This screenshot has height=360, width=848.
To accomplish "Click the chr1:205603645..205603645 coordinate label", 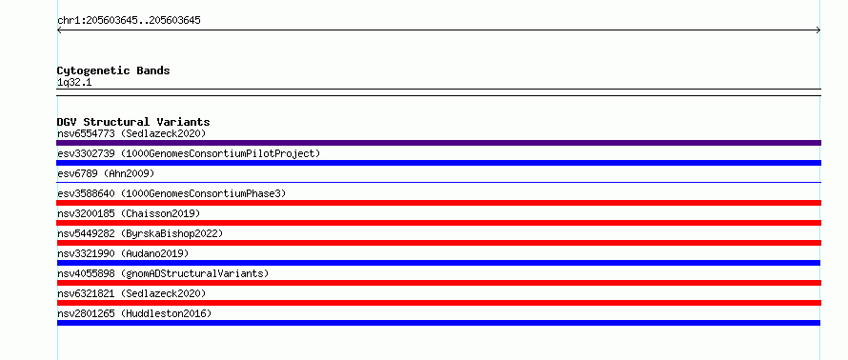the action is (x=129, y=21).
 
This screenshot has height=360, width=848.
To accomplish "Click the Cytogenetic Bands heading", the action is (x=113, y=70).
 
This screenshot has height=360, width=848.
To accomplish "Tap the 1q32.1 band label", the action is (x=74, y=83).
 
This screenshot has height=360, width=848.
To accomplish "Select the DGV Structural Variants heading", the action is (x=133, y=122).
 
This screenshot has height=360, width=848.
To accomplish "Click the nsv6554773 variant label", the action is (x=131, y=133).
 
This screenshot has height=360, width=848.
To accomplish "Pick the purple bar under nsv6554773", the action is (x=438, y=143).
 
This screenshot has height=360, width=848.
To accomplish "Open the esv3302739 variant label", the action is (x=189, y=153).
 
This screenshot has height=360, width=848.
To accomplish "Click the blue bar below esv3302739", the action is (x=438, y=163).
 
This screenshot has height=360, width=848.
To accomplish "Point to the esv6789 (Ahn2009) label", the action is (x=106, y=173).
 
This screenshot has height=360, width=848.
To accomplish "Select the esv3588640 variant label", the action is (x=172, y=193).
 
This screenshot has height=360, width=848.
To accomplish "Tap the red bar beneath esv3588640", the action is (x=438, y=203).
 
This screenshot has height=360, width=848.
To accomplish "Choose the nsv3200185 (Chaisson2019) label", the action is (x=129, y=213).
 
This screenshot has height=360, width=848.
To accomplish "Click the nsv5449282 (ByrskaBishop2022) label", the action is (x=140, y=233).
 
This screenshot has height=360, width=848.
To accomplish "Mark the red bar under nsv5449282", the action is (x=438, y=243).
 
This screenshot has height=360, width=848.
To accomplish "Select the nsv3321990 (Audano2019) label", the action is (x=123, y=253).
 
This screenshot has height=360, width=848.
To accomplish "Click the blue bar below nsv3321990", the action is (x=438, y=263).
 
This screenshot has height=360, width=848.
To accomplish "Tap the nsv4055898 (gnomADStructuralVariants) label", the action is (x=163, y=273).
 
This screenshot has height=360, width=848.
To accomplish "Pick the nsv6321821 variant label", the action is (x=131, y=293).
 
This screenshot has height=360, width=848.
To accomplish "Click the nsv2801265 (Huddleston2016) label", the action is (x=134, y=313).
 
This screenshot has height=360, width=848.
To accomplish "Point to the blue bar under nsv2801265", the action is (x=438, y=323).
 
